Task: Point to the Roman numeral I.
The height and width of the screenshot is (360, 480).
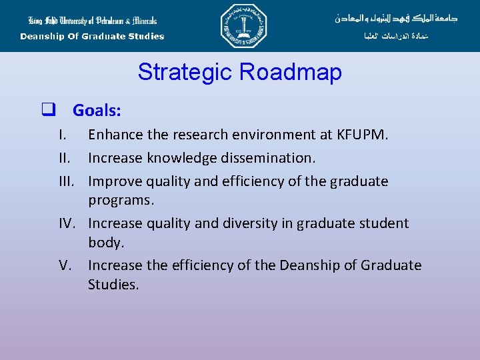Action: (x=61, y=135)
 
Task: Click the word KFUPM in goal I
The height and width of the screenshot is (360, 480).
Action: (x=363, y=135)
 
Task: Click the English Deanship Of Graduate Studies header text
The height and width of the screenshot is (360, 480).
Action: (x=92, y=37)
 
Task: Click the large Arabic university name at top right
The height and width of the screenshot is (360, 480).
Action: (x=396, y=18)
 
